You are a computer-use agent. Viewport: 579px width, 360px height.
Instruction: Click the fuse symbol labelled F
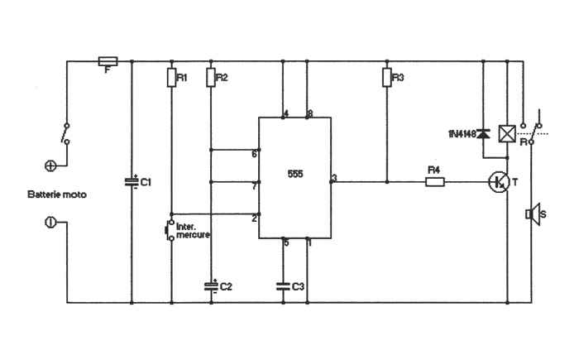click(108, 61)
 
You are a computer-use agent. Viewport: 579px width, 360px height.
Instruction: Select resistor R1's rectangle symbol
click(171, 78)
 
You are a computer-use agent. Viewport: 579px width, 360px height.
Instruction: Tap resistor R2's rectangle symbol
click(211, 78)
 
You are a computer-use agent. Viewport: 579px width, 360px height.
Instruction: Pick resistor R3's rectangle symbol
click(386, 78)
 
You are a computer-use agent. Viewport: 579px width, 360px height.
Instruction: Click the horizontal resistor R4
click(435, 182)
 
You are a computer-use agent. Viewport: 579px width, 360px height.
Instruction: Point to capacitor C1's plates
click(132, 182)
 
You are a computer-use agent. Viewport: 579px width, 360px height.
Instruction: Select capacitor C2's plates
click(211, 286)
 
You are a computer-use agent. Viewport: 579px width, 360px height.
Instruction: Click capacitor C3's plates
click(283, 286)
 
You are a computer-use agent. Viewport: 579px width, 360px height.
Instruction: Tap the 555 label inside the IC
click(295, 174)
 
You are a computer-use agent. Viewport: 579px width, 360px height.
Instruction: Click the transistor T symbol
click(499, 182)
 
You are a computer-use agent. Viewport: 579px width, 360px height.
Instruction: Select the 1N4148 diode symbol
click(482, 134)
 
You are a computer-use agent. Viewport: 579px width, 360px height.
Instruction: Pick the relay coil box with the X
click(507, 134)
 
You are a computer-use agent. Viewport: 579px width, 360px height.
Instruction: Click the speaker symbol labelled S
click(534, 214)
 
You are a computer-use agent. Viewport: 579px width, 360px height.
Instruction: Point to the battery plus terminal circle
click(50, 166)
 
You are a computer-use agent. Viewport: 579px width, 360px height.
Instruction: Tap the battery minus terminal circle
click(50, 223)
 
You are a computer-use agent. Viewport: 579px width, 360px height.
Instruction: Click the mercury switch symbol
click(170, 230)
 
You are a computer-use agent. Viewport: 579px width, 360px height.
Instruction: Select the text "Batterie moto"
click(57, 194)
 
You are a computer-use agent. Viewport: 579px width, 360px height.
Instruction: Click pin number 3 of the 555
click(334, 178)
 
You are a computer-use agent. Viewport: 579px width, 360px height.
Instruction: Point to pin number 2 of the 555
click(254, 218)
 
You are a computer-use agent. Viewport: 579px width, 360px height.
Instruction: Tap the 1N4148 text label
click(462, 134)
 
